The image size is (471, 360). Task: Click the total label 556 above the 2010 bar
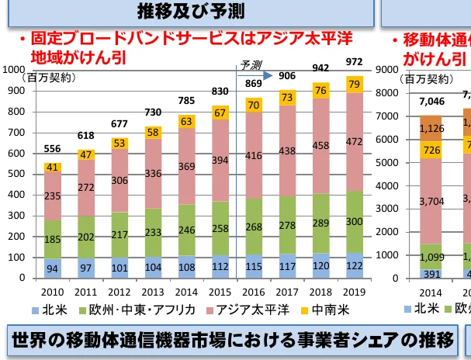pyautogui.click(x=54, y=149)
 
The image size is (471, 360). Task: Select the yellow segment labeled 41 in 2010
pyautogui.click(x=54, y=167)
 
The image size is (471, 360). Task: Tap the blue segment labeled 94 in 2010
pyautogui.click(x=54, y=269)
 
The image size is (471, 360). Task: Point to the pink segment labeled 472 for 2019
pyautogui.click(x=353, y=142)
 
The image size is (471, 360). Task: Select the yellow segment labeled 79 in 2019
pyautogui.click(x=353, y=83)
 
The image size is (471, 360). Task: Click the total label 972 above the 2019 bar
pyautogui.click(x=353, y=61)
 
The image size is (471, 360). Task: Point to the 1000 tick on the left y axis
pyautogui.click(x=13, y=70)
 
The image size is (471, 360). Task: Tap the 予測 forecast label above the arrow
pyautogui.click(x=251, y=64)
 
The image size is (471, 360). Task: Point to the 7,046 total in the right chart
pyautogui.click(x=431, y=101)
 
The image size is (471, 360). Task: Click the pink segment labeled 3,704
pyautogui.click(x=431, y=201)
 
